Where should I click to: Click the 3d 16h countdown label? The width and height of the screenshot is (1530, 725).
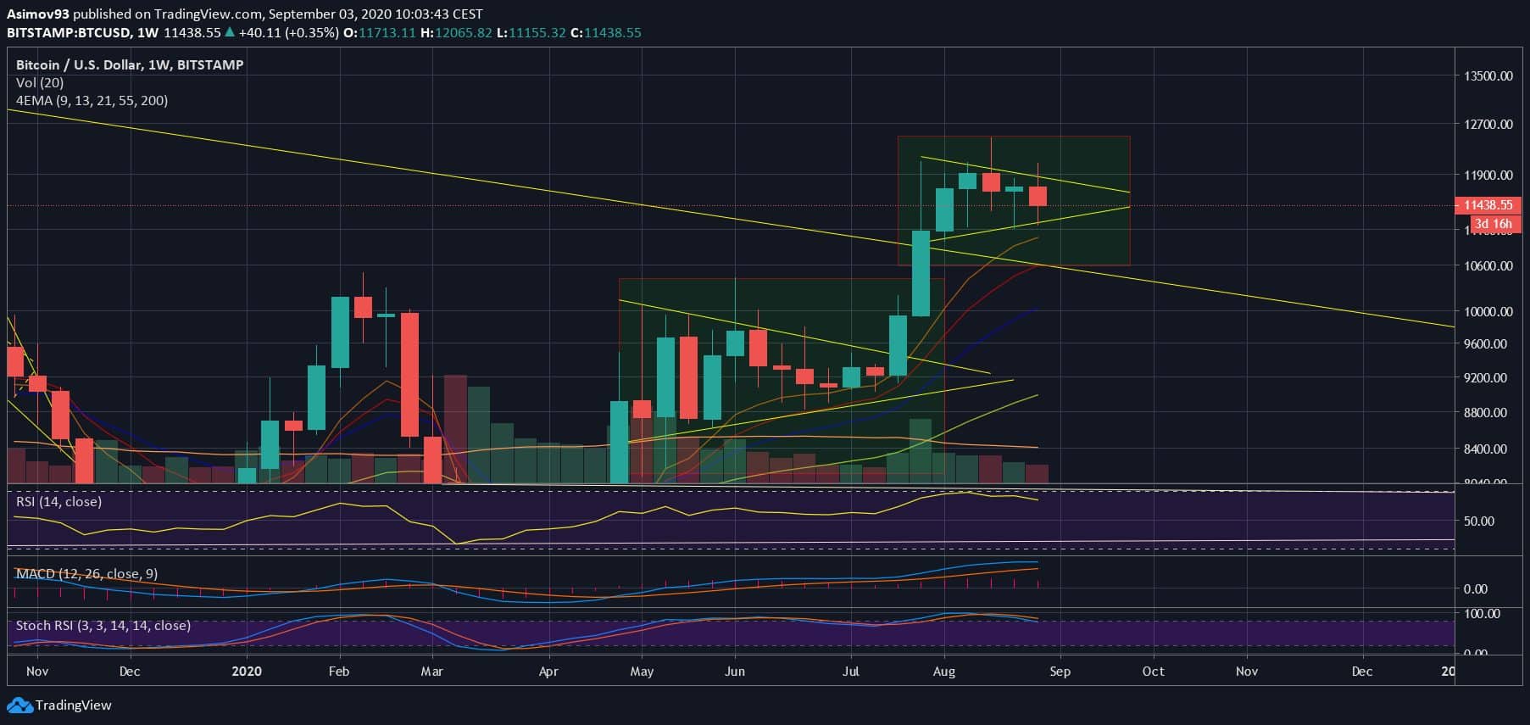1492,224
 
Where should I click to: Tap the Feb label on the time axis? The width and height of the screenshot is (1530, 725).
338,671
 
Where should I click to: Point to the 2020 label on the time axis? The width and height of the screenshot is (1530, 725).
247,671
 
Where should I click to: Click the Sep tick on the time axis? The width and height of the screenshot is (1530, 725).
1060,671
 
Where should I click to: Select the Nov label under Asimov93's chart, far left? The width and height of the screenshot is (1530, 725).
37,671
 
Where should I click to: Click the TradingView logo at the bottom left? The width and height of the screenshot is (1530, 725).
59,705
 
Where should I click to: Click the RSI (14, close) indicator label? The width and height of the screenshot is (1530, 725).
58,501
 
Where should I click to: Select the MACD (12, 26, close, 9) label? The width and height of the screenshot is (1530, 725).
86,574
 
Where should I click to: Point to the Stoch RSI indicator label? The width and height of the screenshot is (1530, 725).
103,625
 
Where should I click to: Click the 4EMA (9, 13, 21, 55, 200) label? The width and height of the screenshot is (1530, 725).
92,100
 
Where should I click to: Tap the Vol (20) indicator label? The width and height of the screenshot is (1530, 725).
39,82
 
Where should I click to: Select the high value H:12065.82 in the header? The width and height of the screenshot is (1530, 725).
456,32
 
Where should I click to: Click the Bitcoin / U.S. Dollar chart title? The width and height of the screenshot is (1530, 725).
130,64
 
